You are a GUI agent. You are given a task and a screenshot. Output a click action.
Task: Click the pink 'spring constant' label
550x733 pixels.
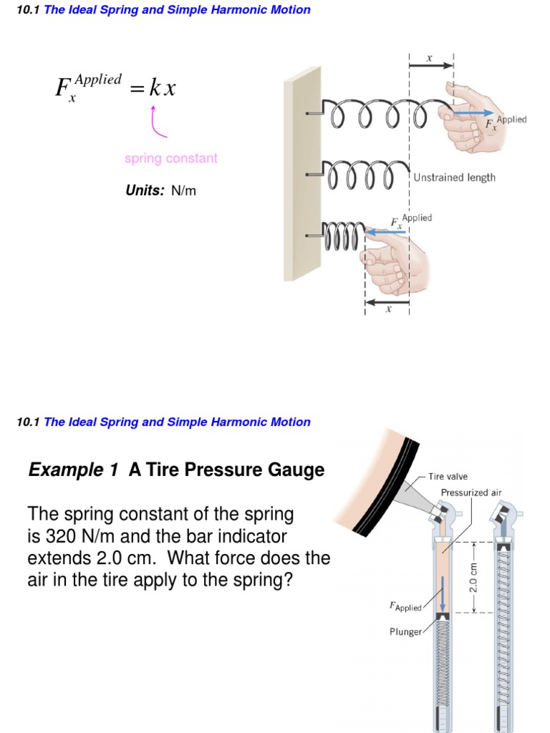170,158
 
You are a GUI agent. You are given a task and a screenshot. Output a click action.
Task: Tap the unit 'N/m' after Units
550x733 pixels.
183,191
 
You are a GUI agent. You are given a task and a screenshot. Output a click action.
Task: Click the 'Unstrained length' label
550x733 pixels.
454,178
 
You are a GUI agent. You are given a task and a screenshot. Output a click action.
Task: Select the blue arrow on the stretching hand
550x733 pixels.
473,113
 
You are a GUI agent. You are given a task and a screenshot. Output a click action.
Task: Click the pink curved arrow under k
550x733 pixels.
157,123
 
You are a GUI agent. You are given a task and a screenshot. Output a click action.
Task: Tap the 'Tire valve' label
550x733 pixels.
448,476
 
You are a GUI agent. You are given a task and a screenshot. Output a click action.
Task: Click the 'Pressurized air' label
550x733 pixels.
471,492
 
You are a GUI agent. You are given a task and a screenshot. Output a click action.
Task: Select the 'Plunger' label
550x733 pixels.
405,632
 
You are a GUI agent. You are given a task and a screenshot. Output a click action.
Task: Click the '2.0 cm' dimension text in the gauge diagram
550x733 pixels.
473,577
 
